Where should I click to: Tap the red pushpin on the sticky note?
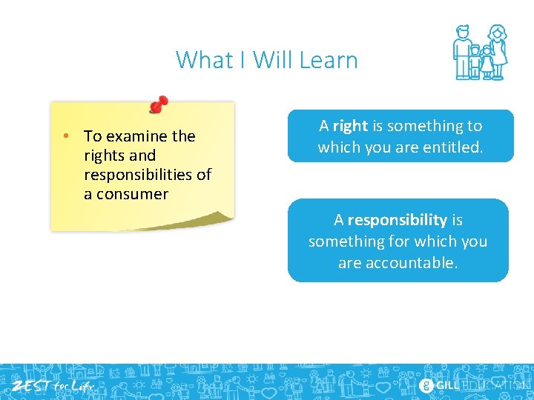(x=158, y=104)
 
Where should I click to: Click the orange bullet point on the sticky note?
(x=66, y=136)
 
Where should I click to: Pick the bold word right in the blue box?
(x=350, y=126)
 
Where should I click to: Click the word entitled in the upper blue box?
(x=452, y=147)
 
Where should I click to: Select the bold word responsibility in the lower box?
(x=397, y=220)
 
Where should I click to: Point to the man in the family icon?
(x=464, y=52)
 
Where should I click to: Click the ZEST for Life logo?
(x=51, y=385)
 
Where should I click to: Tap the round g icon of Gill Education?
(x=426, y=385)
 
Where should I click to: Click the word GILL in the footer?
(x=446, y=385)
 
